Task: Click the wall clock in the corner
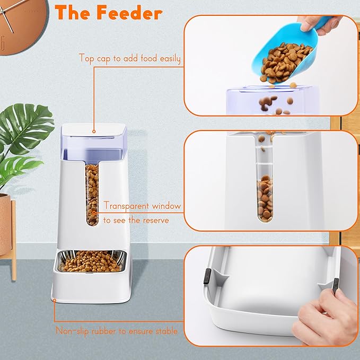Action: click(x=16, y=24)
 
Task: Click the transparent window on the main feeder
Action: click(x=92, y=194)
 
